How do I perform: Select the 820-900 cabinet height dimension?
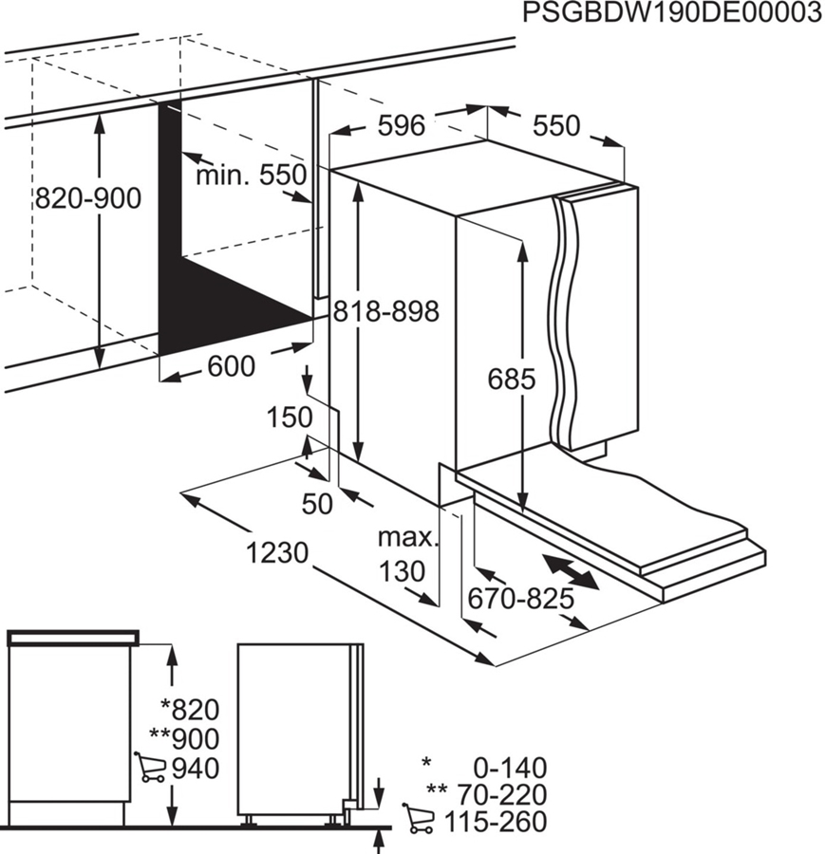[x=87, y=198]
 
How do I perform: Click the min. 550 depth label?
[x=252, y=175]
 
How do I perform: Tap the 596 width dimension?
[x=401, y=125]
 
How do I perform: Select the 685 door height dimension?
[x=512, y=380]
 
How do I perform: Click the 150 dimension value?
[x=290, y=417]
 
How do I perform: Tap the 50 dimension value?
[x=317, y=504]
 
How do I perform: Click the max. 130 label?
[x=409, y=555]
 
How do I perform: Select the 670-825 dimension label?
[x=522, y=598]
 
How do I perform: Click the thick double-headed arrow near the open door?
[x=572, y=572]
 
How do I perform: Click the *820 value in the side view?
[x=190, y=709]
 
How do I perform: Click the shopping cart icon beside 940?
[x=150, y=767]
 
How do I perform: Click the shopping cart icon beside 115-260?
[x=419, y=819]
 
